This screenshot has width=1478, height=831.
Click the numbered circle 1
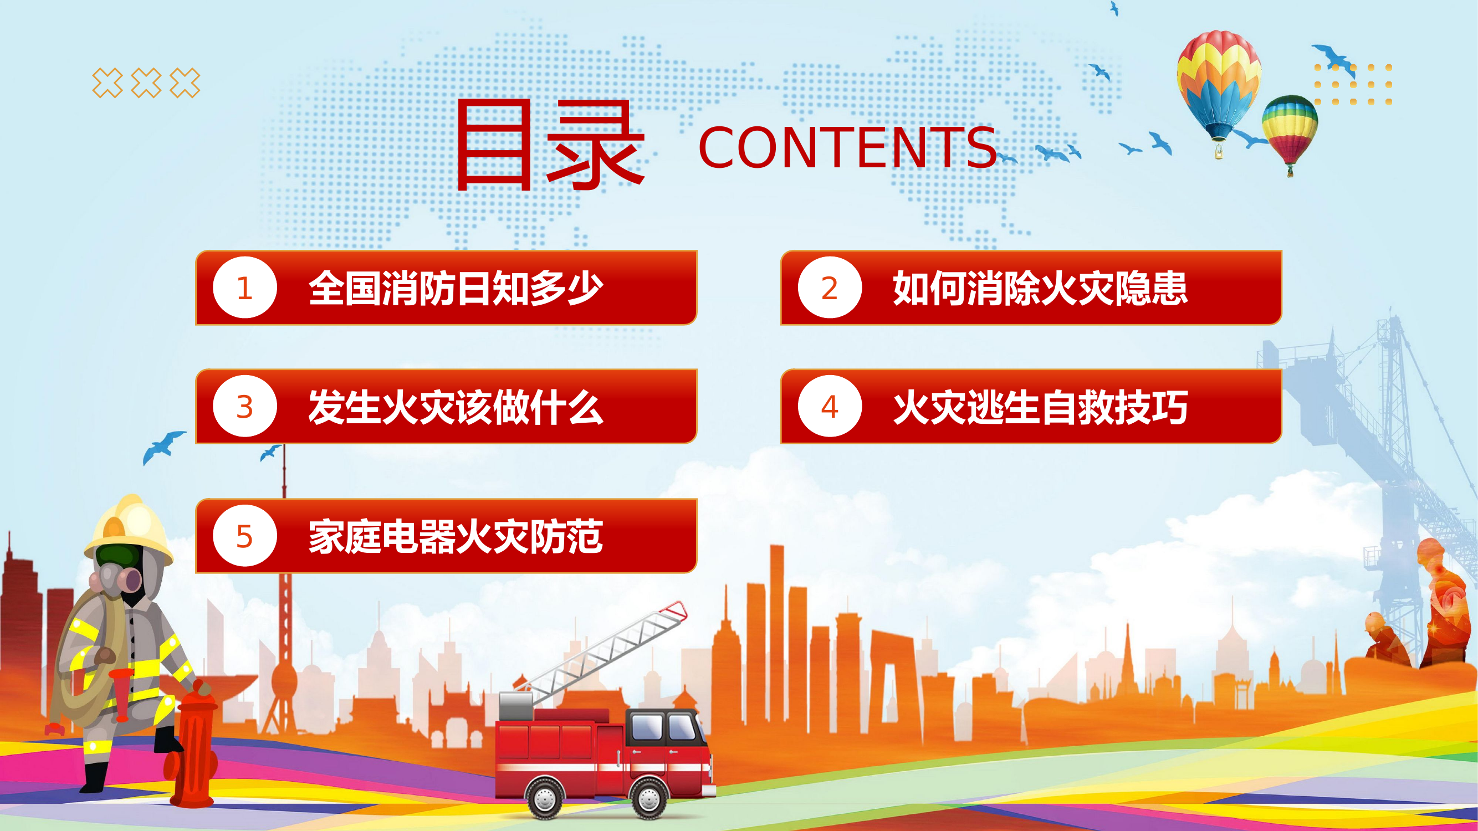tap(245, 288)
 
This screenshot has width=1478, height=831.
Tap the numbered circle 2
tap(830, 288)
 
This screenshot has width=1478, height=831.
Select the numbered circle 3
tap(245, 406)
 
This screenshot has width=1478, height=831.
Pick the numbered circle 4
tap(830, 406)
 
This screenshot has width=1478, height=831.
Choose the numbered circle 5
tap(245, 536)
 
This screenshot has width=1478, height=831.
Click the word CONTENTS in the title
tap(847, 148)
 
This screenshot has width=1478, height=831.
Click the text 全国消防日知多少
tap(456, 288)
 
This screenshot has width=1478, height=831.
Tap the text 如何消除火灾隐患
tap(1040, 288)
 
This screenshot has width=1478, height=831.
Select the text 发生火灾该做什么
tap(456, 407)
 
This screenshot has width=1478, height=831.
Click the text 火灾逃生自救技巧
tap(1040, 407)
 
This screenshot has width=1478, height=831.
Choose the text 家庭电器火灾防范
tap(456, 537)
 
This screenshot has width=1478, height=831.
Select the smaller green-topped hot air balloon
tap(1290, 129)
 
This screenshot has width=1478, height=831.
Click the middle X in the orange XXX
tap(146, 83)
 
